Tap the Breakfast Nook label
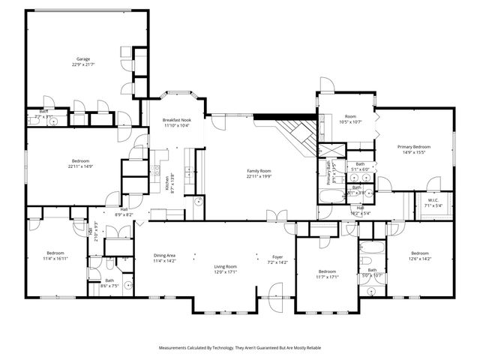[x=176, y=123]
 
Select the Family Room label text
[x=259, y=174]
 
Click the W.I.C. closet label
[x=433, y=202]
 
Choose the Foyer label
[x=277, y=259]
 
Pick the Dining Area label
[x=164, y=258]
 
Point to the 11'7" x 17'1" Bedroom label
[x=328, y=274]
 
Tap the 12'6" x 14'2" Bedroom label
[x=419, y=256]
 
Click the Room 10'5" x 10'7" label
[x=349, y=119]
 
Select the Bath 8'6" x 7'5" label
[x=109, y=283]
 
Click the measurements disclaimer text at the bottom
[x=239, y=348]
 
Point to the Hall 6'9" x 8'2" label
[x=124, y=212]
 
